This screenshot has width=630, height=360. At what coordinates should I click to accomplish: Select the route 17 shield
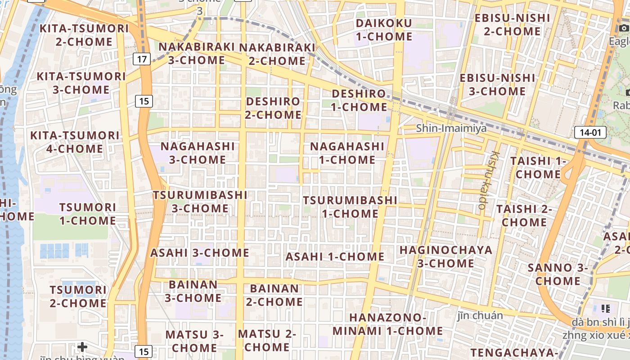[142, 58]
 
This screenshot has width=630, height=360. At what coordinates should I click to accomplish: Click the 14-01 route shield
[590, 132]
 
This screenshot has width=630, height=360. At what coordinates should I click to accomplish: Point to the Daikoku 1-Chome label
[384, 30]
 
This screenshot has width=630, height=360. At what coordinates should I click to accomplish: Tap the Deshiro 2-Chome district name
[273, 108]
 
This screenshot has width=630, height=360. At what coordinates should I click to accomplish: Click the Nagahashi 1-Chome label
[347, 153]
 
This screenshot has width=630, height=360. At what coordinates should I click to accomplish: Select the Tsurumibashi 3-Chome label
[200, 202]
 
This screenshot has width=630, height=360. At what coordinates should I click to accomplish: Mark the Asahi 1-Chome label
[335, 257]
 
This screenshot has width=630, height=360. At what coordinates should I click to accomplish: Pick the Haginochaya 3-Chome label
[445, 256]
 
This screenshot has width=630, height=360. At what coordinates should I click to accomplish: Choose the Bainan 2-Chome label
[274, 295]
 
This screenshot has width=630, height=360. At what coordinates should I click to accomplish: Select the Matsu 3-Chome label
[194, 341]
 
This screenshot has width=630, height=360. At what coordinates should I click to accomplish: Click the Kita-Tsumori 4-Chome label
[75, 142]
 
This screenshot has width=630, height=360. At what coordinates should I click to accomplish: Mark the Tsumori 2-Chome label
[78, 297]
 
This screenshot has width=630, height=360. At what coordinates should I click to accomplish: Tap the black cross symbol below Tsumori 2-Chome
[82, 346]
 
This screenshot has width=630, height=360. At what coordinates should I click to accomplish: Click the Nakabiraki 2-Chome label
[277, 54]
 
